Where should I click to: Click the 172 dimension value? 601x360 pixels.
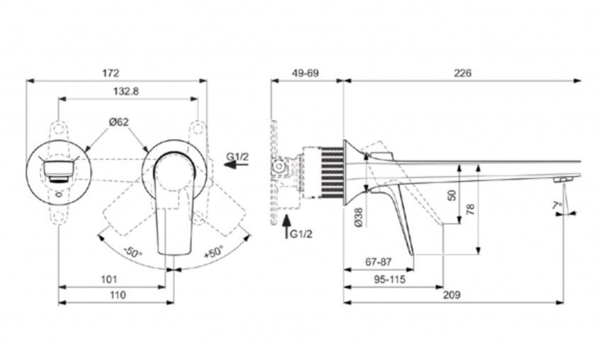click(x=111, y=72)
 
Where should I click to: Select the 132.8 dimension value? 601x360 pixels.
click(x=126, y=91)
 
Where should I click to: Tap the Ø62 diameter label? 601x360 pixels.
click(x=119, y=122)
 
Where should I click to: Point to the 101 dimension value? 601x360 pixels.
click(x=109, y=279)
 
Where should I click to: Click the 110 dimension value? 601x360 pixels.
click(x=117, y=295)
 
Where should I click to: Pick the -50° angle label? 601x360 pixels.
click(x=133, y=252)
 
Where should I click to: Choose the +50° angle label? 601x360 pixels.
click(x=213, y=252)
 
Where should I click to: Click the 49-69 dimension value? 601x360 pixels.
click(x=305, y=73)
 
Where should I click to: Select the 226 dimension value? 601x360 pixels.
click(x=462, y=73)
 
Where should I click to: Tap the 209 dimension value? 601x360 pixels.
click(x=452, y=295)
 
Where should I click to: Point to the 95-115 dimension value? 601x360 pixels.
click(x=390, y=280)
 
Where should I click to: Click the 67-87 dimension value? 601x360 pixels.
click(x=379, y=263)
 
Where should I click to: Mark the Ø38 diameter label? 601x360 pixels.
click(x=359, y=217)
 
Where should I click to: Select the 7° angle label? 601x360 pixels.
click(x=558, y=206)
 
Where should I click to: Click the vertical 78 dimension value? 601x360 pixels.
click(x=471, y=209)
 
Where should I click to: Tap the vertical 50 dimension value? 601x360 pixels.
click(x=453, y=195)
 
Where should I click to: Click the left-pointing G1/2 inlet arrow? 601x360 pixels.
click(x=237, y=165)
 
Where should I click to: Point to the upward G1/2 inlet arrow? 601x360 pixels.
click(x=286, y=227)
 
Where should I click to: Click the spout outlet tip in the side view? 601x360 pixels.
click(x=562, y=180)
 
